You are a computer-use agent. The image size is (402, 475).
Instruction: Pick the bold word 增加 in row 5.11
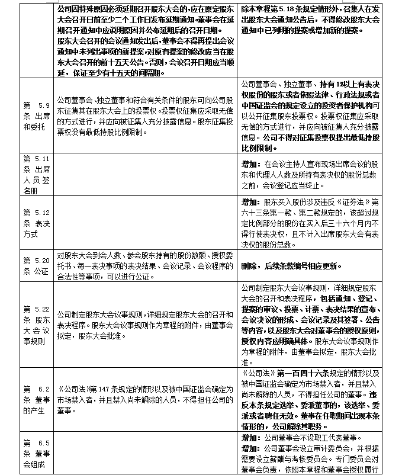250,162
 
